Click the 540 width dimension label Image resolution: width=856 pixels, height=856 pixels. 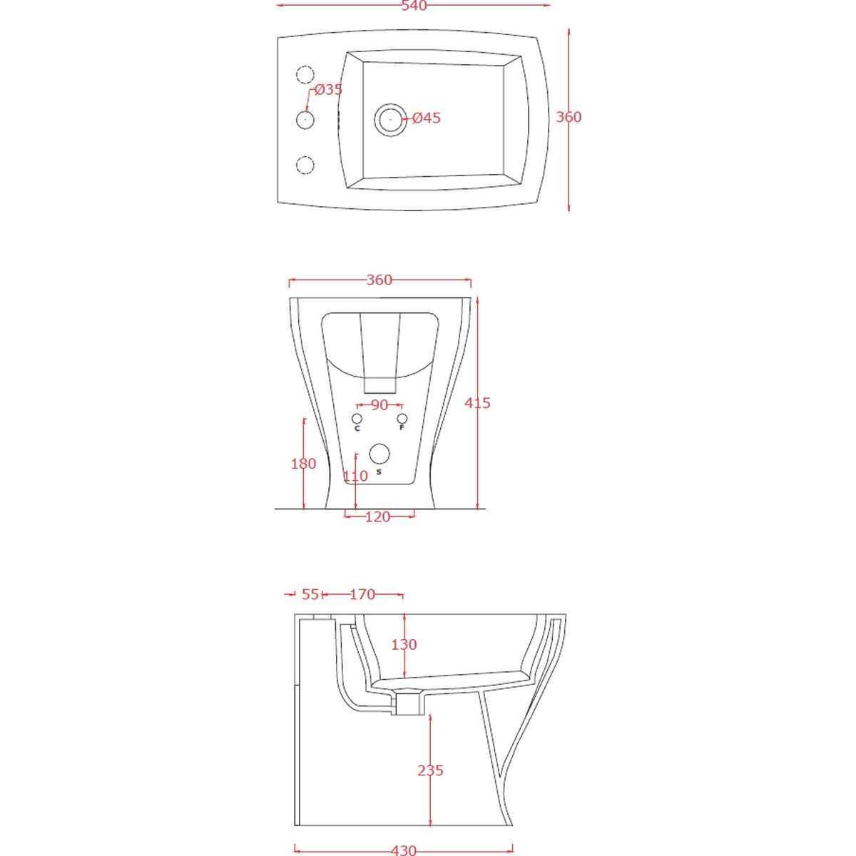point(414,6)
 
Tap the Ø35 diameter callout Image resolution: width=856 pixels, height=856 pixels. point(329,90)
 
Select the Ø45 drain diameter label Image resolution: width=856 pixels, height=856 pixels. point(427,118)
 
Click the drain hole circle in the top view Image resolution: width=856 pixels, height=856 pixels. point(390,120)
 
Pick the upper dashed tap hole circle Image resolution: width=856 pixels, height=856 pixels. point(305,75)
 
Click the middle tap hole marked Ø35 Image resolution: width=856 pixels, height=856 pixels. point(305,120)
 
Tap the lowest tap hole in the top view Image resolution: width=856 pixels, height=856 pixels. point(305,165)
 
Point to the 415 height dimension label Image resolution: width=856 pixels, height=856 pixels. point(477,403)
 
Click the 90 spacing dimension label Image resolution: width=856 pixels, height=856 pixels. point(379,405)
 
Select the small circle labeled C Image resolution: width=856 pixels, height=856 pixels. point(357,419)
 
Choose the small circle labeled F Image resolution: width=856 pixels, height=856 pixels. point(402,419)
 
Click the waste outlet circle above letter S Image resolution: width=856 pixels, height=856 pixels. point(379,454)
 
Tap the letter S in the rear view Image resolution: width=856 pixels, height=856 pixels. point(379,472)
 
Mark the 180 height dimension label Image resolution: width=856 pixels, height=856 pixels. point(303,464)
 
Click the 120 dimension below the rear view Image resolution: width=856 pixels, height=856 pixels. point(377,517)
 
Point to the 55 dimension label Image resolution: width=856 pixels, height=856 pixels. point(310,594)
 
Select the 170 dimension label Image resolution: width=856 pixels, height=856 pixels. point(362,594)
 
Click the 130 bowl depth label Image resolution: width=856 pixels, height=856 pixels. point(404,645)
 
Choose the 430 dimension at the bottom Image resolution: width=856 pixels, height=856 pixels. point(404,850)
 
